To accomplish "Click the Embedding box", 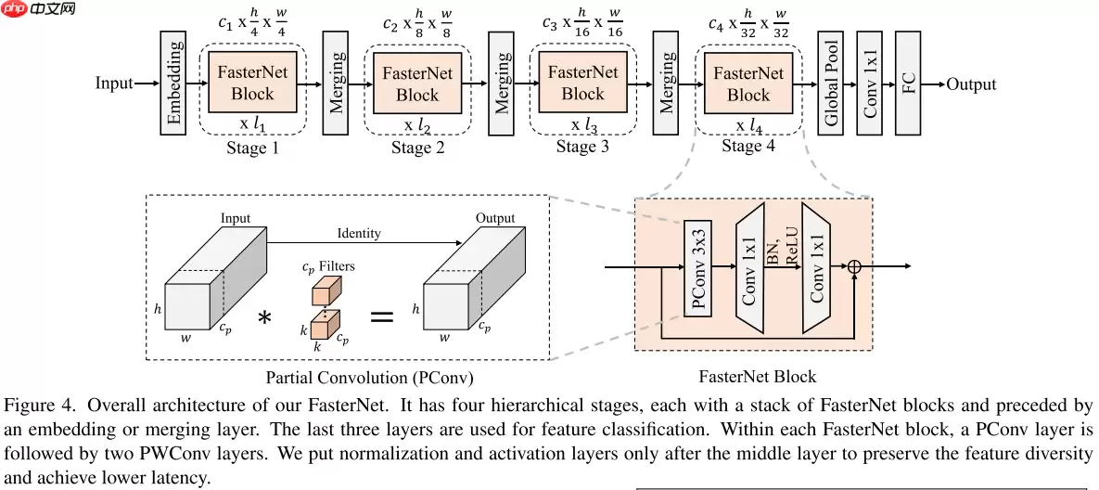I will pos(173,84).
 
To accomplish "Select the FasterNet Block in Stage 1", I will pos(252,84).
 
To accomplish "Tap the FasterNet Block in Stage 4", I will pos(748,84).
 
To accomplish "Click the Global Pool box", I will pos(830,84).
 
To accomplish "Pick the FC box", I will pos(909,84).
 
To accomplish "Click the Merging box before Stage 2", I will pos(336,84).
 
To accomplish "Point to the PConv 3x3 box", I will pos(698,268).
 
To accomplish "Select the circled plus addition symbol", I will pos(854,267).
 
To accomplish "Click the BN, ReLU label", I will pos(784,251).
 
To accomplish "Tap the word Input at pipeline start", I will pos(114,84).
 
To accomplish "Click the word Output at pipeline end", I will pos(971,84).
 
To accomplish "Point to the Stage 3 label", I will pos(582,148).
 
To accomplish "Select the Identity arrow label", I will pos(358,233).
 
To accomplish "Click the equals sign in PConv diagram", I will pos(381,316).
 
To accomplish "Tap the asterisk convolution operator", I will pos(264,318).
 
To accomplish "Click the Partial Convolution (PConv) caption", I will pos(370,378).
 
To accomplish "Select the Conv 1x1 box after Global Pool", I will pos(870,84).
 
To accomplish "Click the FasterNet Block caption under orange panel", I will pos(757,376).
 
